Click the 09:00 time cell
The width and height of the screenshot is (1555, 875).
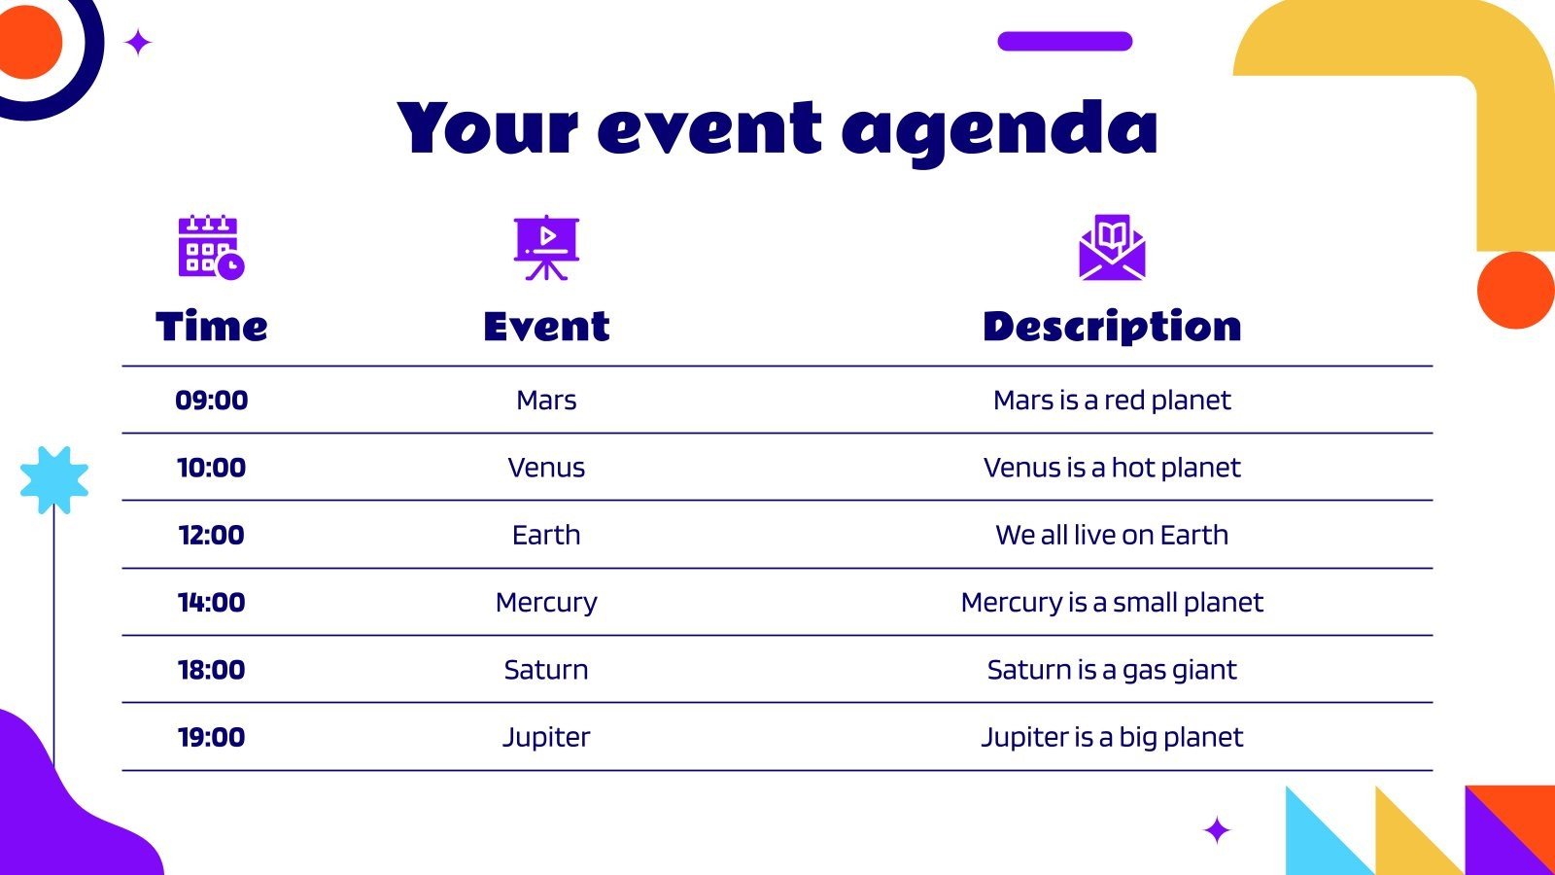(x=211, y=401)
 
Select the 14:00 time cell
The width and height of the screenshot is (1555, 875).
(x=211, y=603)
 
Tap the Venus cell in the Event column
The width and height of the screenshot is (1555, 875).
(x=546, y=468)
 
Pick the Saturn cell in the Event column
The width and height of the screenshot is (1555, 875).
(x=546, y=670)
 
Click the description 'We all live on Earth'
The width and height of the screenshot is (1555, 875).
(x=1112, y=535)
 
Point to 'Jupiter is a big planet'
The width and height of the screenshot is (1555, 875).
(x=1112, y=737)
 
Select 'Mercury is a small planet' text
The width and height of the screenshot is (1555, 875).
(x=1112, y=603)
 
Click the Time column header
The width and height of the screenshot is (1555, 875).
(x=211, y=327)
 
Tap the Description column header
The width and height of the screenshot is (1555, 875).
(x=1112, y=327)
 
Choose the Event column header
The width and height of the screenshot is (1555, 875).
(x=546, y=327)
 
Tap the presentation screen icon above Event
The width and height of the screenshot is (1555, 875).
(x=546, y=247)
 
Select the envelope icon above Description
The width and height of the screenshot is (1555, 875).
(x=1112, y=247)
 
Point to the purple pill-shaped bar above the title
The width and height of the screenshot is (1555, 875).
(x=1064, y=41)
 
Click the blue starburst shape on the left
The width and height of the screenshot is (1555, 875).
(x=54, y=479)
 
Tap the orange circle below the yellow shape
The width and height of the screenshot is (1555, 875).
(x=1515, y=290)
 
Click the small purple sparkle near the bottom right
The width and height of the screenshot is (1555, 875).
(x=1217, y=830)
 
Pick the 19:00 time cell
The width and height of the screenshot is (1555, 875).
(x=211, y=737)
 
